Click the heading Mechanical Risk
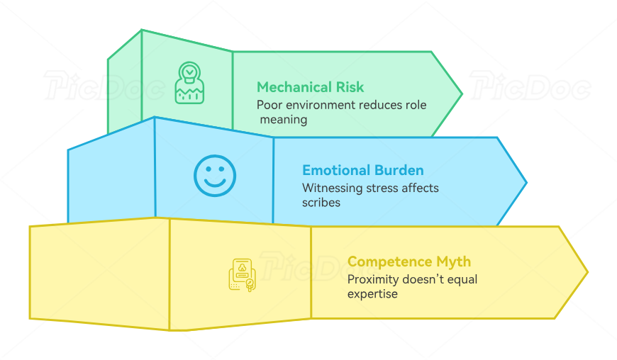click(310, 87)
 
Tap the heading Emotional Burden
click(362, 170)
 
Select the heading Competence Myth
click(408, 262)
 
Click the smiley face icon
click(214, 175)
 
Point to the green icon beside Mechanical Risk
click(189, 83)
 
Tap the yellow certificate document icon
click(242, 275)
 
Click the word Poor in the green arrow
click(269, 105)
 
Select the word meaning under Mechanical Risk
click(284, 119)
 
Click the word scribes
click(321, 202)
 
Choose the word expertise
click(372, 293)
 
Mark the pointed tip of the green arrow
click(461, 94)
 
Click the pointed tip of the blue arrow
click(526, 183)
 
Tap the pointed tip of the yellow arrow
click(587, 271)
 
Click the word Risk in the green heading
click(348, 87)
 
